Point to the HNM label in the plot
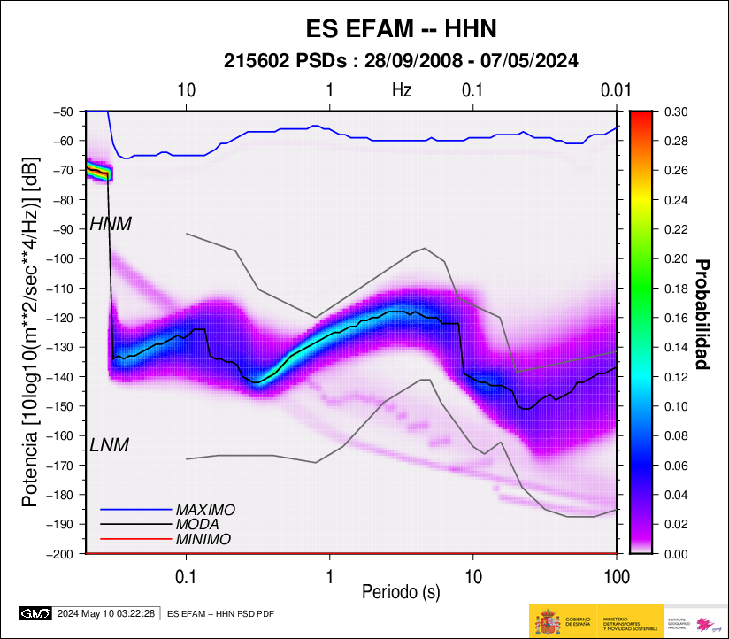click(x=111, y=225)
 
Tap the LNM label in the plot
click(x=110, y=445)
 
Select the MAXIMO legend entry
click(x=205, y=511)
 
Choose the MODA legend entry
click(x=197, y=525)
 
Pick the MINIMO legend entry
click(x=203, y=539)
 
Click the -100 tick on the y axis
click(x=66, y=258)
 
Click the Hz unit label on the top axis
click(x=402, y=89)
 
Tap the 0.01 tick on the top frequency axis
click(x=615, y=89)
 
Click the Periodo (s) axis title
click(x=401, y=590)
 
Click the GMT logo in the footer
click(x=35, y=613)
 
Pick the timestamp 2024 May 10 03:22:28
click(x=107, y=613)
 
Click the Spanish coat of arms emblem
click(x=546, y=622)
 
